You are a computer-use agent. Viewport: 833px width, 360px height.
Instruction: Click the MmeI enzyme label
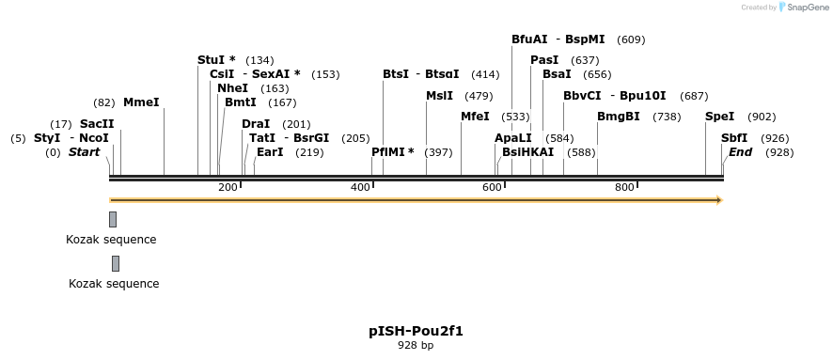point(141,102)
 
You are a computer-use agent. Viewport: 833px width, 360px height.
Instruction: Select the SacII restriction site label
point(97,123)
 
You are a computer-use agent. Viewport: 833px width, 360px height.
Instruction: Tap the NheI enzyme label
point(232,87)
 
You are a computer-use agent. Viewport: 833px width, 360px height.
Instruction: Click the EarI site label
point(270,151)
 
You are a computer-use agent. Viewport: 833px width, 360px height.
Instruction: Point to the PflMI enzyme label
point(392,151)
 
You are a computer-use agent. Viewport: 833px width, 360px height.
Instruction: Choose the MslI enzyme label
point(439,95)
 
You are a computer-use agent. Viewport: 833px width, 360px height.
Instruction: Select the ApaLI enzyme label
point(513,137)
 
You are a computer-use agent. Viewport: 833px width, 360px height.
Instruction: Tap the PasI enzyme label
point(544,59)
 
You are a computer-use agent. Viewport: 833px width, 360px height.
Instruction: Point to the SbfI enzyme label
point(734,137)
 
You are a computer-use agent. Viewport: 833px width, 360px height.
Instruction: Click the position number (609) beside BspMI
point(631,39)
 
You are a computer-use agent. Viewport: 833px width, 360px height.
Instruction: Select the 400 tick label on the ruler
point(361,188)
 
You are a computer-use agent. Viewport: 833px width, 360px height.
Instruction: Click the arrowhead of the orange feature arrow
point(718,199)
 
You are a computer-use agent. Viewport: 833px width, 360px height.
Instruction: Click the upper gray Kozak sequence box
point(113,219)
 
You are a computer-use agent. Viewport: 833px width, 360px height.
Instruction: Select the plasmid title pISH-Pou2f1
point(416,331)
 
